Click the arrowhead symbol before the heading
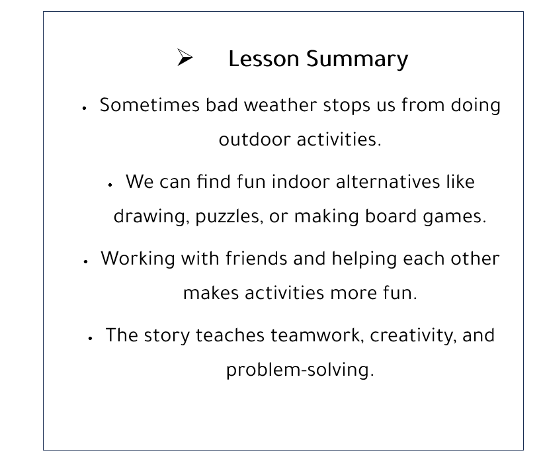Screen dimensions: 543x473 pos(185,57)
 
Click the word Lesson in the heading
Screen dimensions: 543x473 pos(263,58)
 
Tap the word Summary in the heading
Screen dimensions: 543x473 pos(357,60)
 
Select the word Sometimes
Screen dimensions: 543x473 pos(149,105)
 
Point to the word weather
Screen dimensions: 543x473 pos(280,105)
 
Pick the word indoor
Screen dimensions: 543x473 pos(300,181)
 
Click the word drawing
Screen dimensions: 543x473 pos(151,217)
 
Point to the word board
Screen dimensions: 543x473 pos(391,216)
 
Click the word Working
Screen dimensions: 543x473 pos(138,259)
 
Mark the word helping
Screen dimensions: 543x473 pos(364,259)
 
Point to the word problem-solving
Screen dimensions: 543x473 pos(300,370)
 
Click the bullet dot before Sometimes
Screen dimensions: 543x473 pos(84,108)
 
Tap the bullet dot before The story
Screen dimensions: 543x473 pos(90,338)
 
